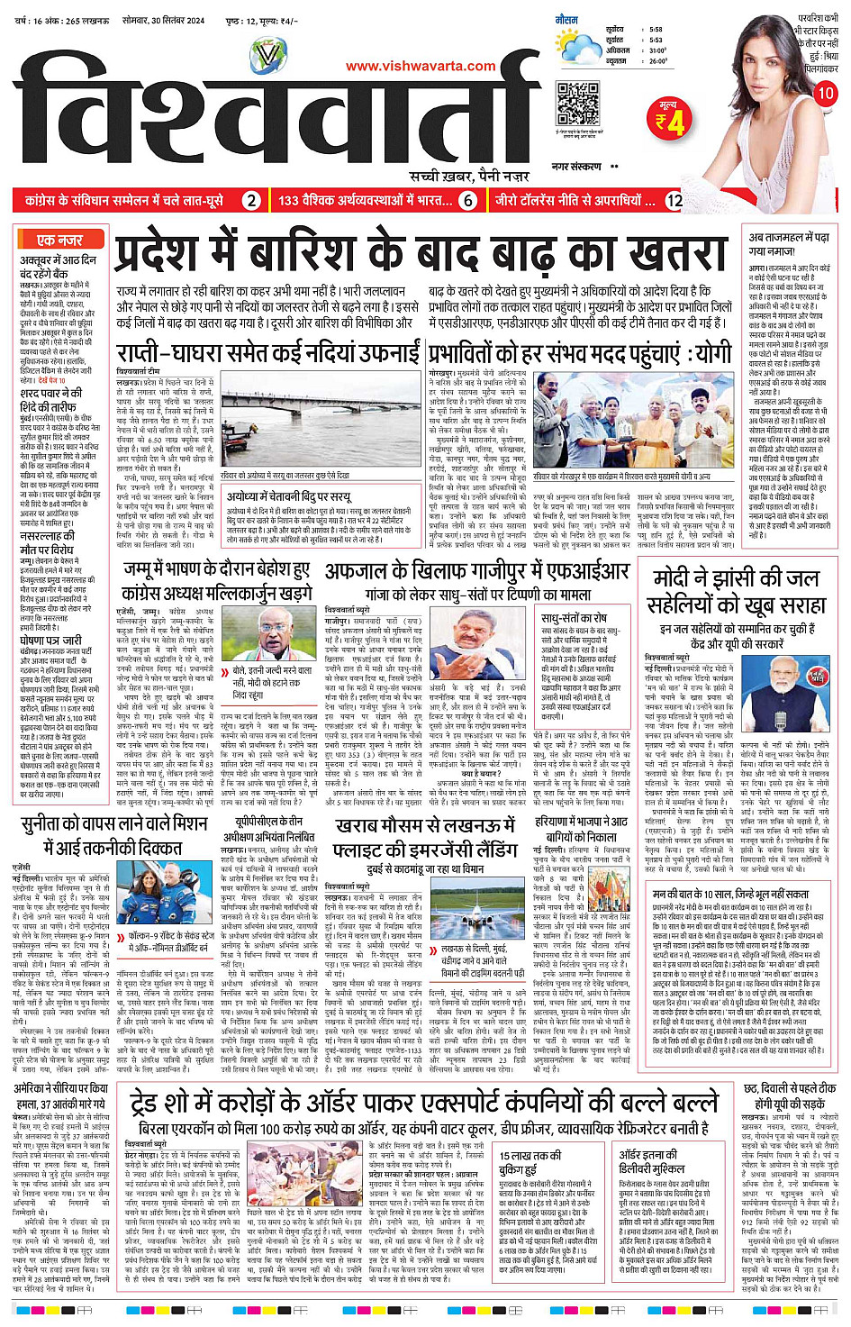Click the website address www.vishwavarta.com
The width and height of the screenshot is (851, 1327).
tap(421, 66)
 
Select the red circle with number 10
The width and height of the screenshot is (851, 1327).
tap(825, 94)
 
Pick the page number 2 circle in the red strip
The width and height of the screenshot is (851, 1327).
tap(251, 200)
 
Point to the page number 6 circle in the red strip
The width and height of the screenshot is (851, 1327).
tap(467, 200)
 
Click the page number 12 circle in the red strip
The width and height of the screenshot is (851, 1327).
tap(674, 200)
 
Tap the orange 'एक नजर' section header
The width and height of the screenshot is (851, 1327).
tap(60, 240)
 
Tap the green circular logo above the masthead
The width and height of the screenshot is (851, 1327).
tap(269, 56)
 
